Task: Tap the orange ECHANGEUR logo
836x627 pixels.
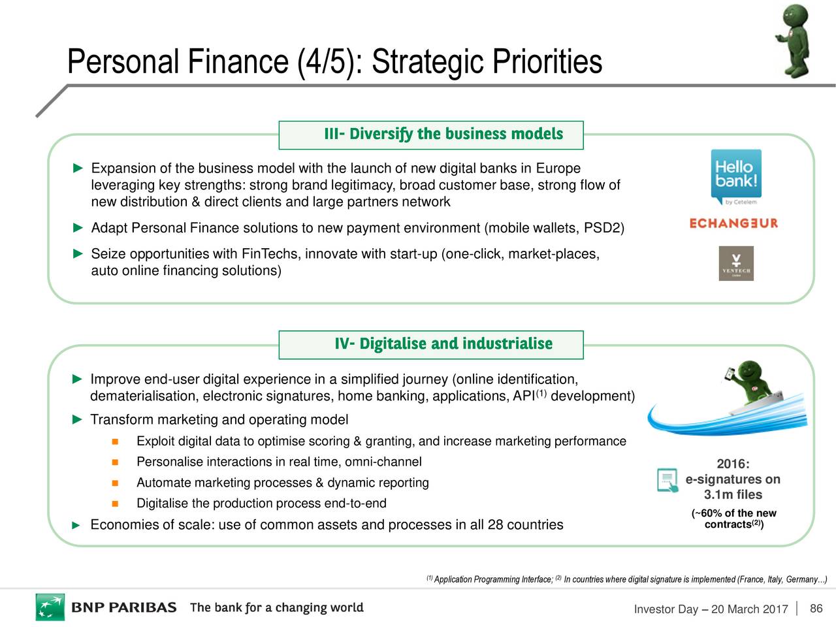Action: coord(734,223)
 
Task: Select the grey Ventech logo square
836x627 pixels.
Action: coord(736,263)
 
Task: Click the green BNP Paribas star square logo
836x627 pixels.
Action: coord(50,607)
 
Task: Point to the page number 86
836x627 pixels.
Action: coord(816,608)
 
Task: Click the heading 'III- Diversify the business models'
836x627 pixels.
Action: coord(443,134)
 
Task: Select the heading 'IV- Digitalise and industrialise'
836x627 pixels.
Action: coord(443,344)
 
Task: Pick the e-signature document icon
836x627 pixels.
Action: coord(667,480)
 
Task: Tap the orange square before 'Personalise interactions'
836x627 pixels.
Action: coord(115,462)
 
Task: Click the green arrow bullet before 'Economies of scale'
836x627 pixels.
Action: coord(76,525)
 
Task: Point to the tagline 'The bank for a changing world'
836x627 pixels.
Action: coord(277,607)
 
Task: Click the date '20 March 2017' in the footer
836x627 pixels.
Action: coord(750,609)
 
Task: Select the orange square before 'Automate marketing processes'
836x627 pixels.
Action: coord(115,483)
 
